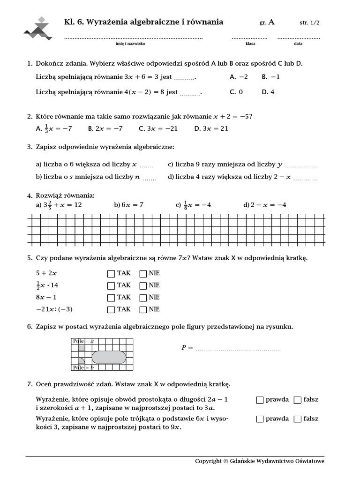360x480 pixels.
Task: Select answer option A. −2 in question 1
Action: [239, 77]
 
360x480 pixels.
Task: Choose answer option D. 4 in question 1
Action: [268, 92]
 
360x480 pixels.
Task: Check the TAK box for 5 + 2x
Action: [111, 273]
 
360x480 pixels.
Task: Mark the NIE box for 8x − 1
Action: [143, 298]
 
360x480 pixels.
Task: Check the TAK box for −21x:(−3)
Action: [111, 309]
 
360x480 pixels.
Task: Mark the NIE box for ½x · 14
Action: [143, 285]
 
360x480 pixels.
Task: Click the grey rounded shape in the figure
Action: [109, 357]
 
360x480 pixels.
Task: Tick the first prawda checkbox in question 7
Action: [260, 400]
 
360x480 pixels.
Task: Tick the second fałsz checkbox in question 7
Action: [297, 419]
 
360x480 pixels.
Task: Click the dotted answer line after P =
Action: [238, 349]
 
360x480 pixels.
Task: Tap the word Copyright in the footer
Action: [208, 461]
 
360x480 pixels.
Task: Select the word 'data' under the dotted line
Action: [298, 44]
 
